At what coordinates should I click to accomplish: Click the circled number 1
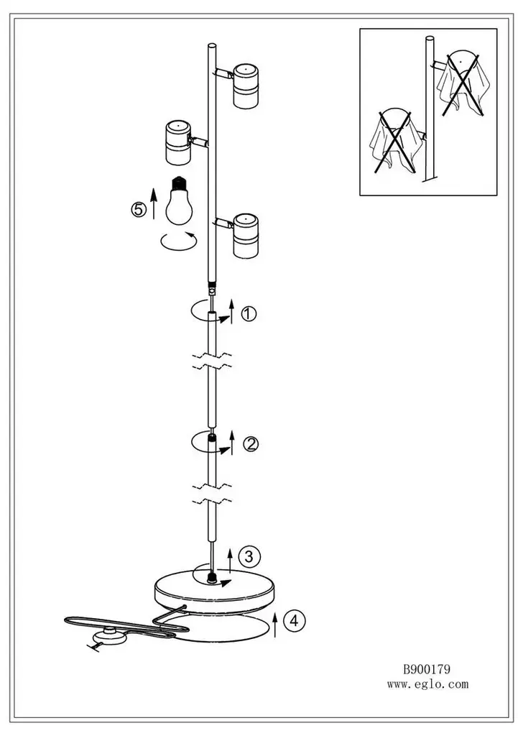point(248,313)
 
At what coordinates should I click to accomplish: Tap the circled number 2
point(251,443)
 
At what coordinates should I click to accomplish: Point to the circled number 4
point(294,620)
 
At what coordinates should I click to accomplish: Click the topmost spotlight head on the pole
point(246,85)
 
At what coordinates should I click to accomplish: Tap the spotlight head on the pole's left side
point(179,143)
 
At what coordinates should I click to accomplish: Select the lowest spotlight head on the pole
point(246,236)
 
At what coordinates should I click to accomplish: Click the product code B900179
point(427,669)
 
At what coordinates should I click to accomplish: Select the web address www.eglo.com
point(427,684)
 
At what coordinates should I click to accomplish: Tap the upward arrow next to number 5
point(153,203)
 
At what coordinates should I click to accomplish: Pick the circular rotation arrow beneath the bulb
point(179,241)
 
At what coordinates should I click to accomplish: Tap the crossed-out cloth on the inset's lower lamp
point(394,141)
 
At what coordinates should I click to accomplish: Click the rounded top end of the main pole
point(212,46)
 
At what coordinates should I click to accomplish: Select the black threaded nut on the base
point(213,576)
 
